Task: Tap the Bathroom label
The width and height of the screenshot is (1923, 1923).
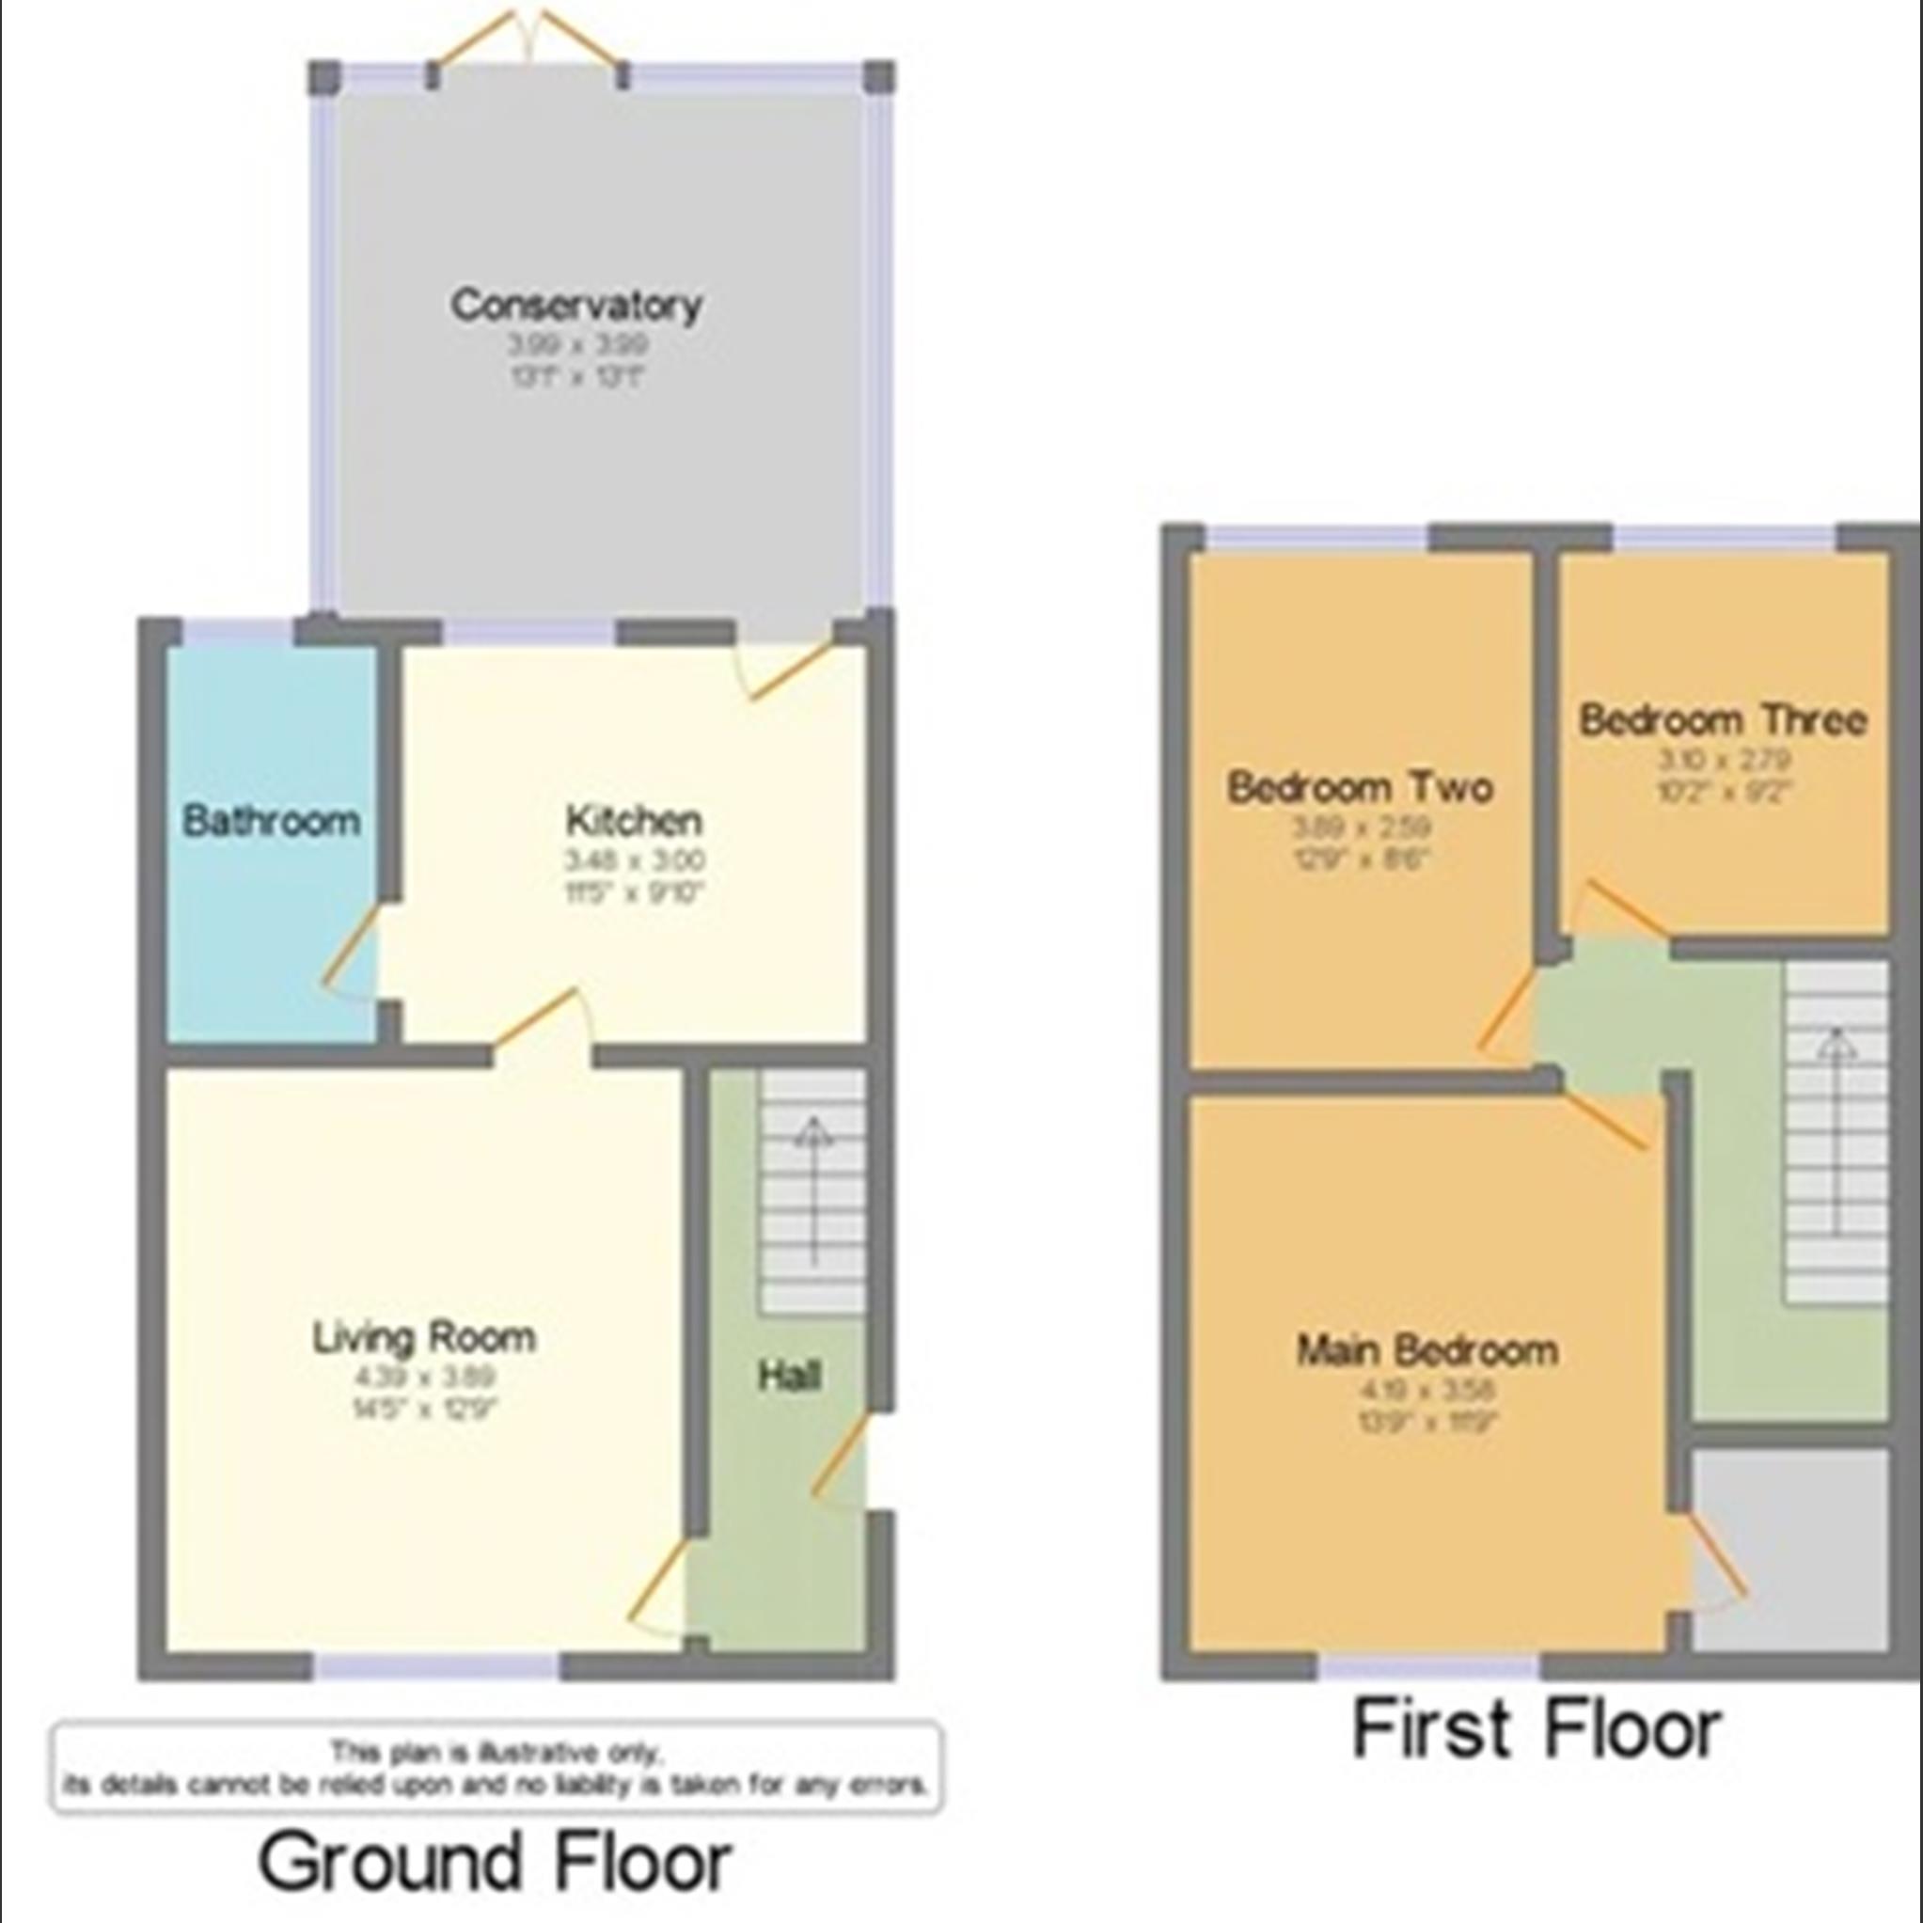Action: (x=271, y=821)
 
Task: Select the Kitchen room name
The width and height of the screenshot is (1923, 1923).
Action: (x=634, y=821)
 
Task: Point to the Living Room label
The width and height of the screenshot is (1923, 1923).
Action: (x=424, y=1337)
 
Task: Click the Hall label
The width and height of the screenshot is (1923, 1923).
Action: (x=789, y=1376)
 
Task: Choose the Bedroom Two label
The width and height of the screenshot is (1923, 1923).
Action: (x=1360, y=787)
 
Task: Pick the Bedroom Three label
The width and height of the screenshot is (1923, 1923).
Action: (x=1722, y=719)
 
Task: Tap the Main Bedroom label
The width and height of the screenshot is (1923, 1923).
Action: (x=1426, y=1350)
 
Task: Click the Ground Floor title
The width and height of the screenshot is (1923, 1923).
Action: (x=495, y=1861)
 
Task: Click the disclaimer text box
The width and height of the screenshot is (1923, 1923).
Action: (x=495, y=1768)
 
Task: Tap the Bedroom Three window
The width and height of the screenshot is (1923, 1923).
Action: (x=1724, y=538)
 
